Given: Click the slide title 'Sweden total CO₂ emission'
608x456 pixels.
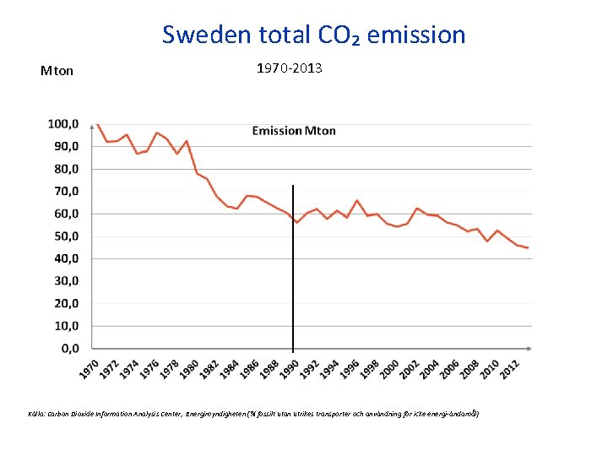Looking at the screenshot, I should point(313,35).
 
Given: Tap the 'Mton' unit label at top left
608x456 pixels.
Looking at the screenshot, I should point(57,71).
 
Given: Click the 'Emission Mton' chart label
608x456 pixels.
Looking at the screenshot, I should point(294,130).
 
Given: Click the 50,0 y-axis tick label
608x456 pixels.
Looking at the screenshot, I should point(65,236).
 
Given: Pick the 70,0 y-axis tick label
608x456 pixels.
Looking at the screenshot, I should point(65,191).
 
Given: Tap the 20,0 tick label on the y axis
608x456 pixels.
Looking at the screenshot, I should point(65,303).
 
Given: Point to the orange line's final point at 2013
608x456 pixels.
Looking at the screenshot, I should point(528,247).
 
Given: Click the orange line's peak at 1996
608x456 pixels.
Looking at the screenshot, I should point(357,200).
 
